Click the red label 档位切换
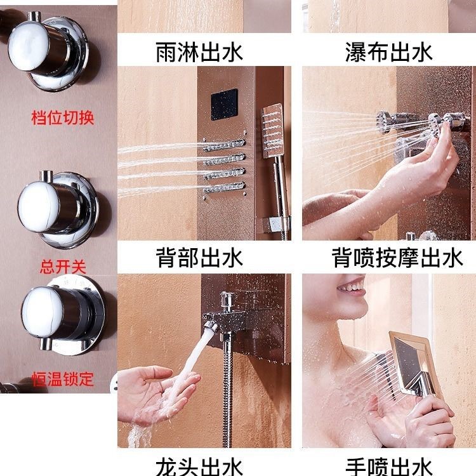pos(62,118)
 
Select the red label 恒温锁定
pos(62,380)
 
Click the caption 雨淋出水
pos(199,51)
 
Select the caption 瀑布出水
pos(388,51)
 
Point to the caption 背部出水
pos(199,258)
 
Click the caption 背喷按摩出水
pos(388,258)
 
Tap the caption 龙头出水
pos(199,465)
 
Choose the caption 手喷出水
pos(388,465)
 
